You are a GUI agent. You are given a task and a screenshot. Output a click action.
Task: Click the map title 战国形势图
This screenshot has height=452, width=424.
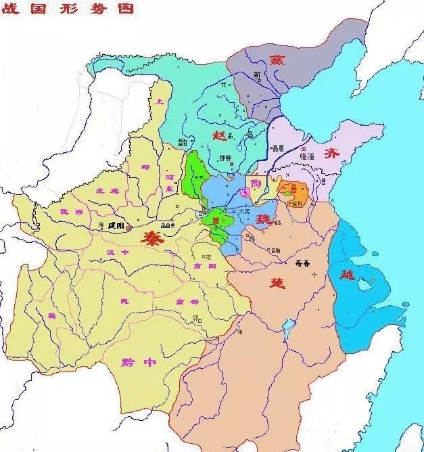pyautogui.click(x=68, y=9)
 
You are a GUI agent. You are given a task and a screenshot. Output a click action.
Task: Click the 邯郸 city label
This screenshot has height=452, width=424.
pyautogui.click(x=225, y=157)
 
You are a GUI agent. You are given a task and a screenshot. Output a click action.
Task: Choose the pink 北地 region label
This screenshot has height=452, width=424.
pyautogui.click(x=108, y=191)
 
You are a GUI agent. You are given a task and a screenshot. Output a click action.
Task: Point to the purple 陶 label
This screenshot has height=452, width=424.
pyautogui.click(x=255, y=183)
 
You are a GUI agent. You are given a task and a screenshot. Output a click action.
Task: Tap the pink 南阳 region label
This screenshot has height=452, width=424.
pyautogui.click(x=204, y=267)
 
